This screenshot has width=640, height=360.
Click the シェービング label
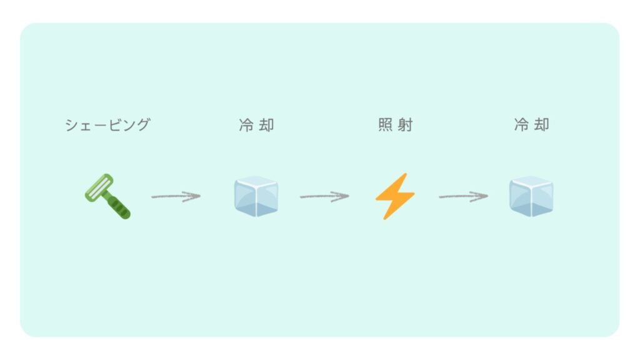[x=107, y=125]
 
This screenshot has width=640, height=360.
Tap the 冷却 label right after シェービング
[x=256, y=125]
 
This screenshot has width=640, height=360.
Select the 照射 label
[x=395, y=125]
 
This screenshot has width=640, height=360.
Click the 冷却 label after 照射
[x=532, y=125]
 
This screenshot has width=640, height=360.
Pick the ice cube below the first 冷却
[x=256, y=196]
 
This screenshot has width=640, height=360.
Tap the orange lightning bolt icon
[x=395, y=196]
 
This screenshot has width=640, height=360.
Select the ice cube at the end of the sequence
[x=531, y=196]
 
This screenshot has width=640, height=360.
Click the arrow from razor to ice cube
[x=176, y=196]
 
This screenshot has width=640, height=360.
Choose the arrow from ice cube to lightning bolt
[x=324, y=196]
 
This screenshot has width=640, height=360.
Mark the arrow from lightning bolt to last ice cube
[x=463, y=196]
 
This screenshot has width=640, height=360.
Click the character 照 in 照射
[x=386, y=125]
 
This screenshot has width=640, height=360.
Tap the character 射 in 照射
[x=405, y=125]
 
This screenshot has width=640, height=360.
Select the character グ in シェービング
[x=143, y=125]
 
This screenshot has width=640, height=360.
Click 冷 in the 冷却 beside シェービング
[x=246, y=125]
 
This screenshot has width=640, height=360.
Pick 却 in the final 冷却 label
[x=542, y=125]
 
